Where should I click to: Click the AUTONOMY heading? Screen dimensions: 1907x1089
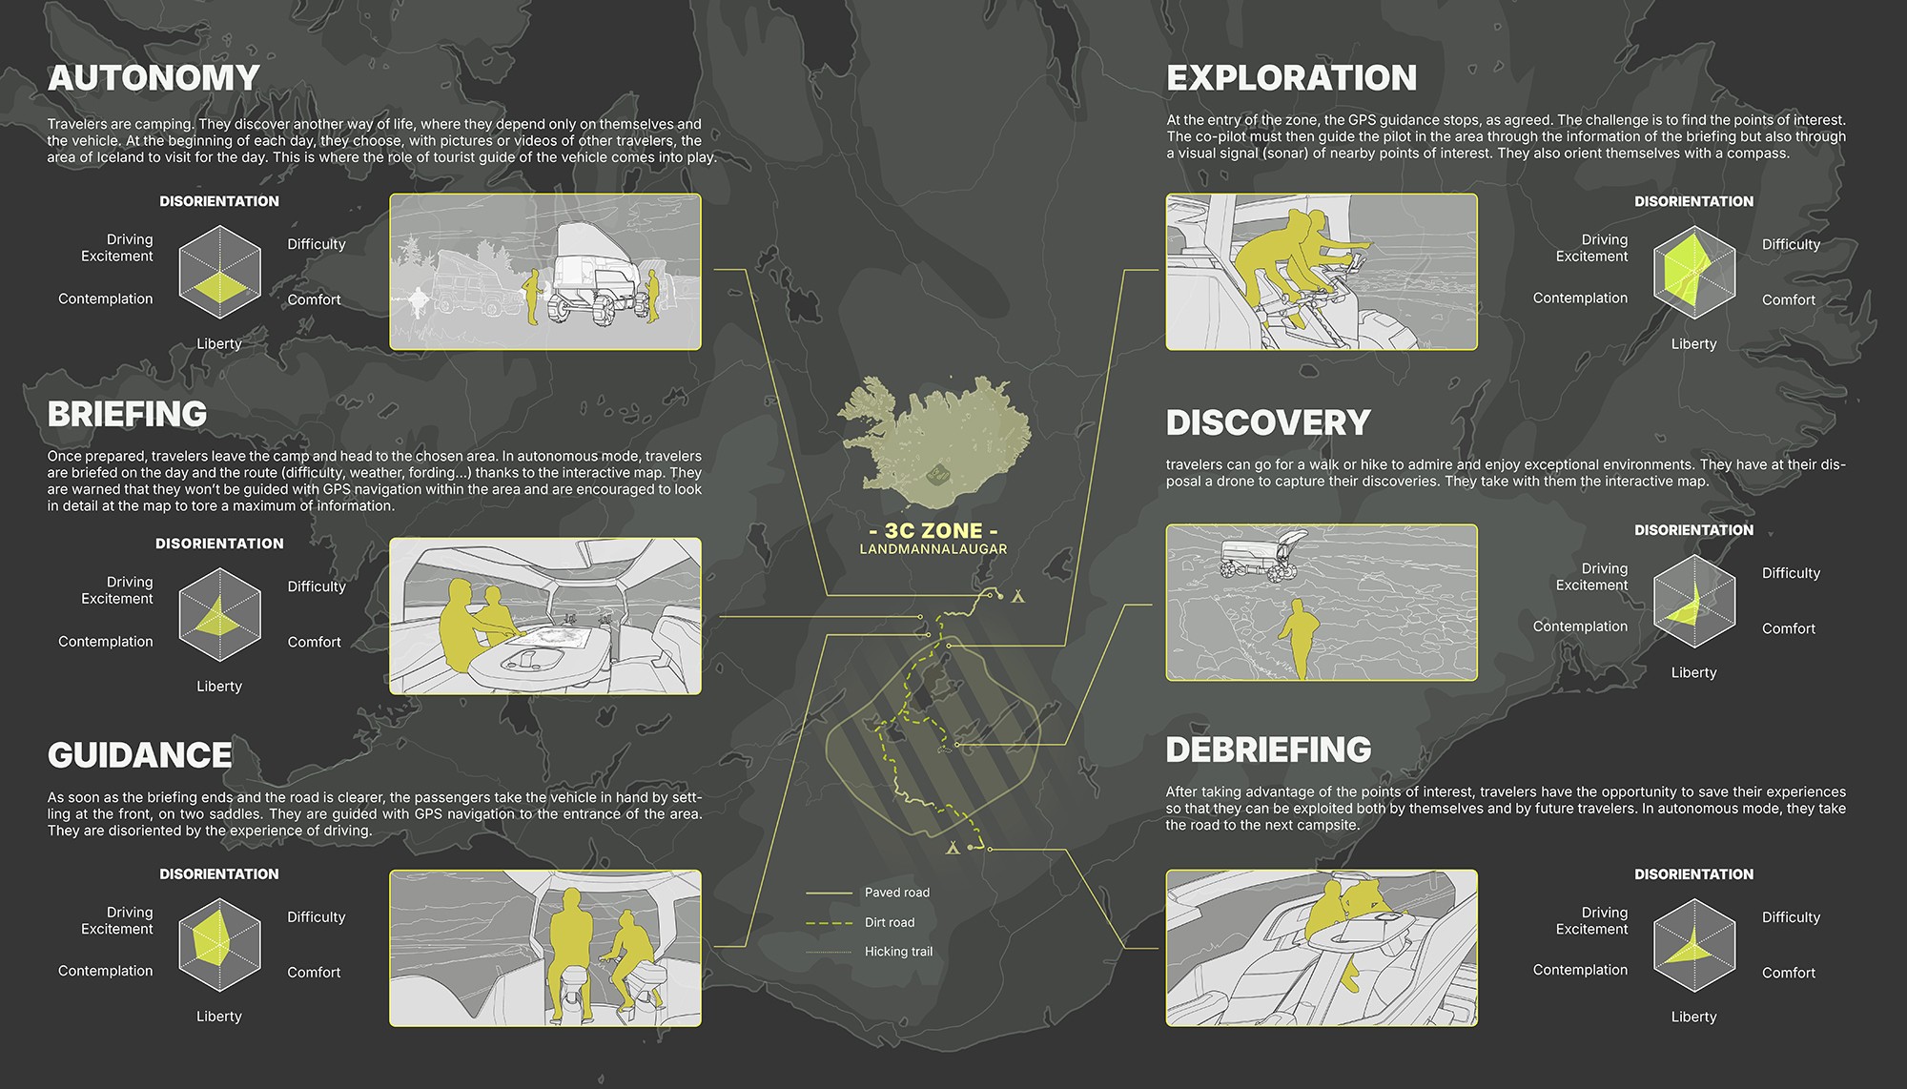tap(154, 78)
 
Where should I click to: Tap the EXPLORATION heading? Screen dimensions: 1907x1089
tap(1291, 78)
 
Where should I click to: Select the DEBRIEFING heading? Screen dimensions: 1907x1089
tap(1268, 750)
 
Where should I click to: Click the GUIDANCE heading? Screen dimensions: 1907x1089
tap(139, 755)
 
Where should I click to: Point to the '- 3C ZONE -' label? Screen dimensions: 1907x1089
tap(933, 531)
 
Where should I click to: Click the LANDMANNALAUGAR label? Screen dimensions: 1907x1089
tap(933, 549)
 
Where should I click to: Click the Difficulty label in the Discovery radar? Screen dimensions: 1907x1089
tap(1791, 573)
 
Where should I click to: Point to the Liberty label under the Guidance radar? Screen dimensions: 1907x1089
tap(219, 1017)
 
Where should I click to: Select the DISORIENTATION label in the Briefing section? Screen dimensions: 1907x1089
tap(219, 544)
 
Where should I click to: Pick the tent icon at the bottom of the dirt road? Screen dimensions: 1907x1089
tap(952, 847)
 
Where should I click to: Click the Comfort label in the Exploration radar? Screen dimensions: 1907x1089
tap(1789, 299)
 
